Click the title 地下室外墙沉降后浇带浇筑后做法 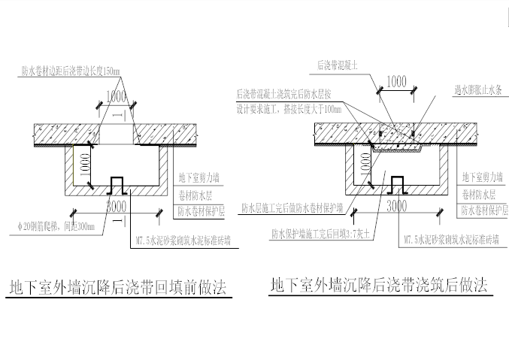click(378, 286)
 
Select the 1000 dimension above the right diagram click(398, 81)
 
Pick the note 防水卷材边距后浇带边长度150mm click(71, 71)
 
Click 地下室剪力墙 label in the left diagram click(199, 179)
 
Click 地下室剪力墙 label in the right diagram click(480, 178)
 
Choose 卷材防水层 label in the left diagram click(195, 194)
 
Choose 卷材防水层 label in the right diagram click(477, 194)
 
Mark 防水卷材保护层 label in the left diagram click(201, 209)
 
